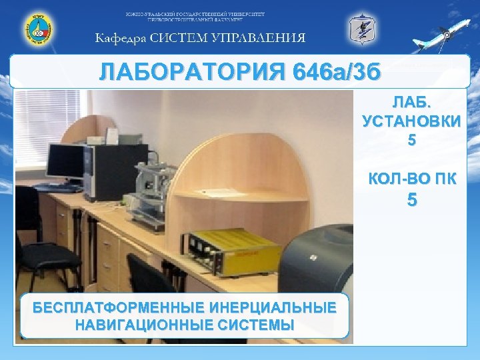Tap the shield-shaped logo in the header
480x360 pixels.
(362, 29)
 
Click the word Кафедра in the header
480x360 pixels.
(120, 38)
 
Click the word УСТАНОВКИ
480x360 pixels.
(411, 123)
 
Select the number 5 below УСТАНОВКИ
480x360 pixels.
(411, 141)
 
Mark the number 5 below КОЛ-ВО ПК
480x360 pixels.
(411, 199)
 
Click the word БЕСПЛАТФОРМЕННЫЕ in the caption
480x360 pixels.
(119, 308)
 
